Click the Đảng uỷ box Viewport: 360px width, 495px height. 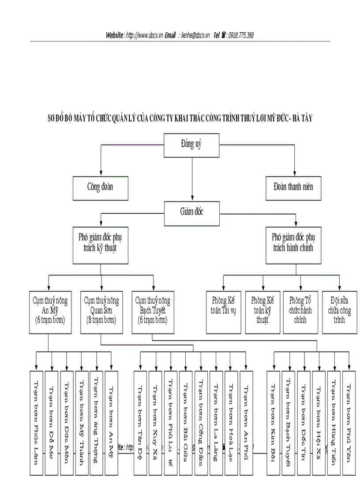(192, 144)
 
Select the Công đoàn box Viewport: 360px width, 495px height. (100, 187)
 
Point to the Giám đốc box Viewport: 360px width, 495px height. (192, 212)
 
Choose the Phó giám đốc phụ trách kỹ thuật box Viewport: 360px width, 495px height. (101, 245)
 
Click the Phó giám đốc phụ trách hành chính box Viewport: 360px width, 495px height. (293, 245)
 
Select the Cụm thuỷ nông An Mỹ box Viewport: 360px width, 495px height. (50, 312)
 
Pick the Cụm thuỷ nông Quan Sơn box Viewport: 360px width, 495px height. (101, 312)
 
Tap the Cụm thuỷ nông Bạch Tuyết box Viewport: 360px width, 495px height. (153, 312)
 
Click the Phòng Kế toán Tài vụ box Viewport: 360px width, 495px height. (224, 312)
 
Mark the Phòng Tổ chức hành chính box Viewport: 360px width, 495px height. (300, 312)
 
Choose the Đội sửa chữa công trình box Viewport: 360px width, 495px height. (339, 312)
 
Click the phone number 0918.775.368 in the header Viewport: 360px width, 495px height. (241, 35)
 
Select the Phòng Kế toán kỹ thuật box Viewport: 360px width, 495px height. (262, 312)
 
